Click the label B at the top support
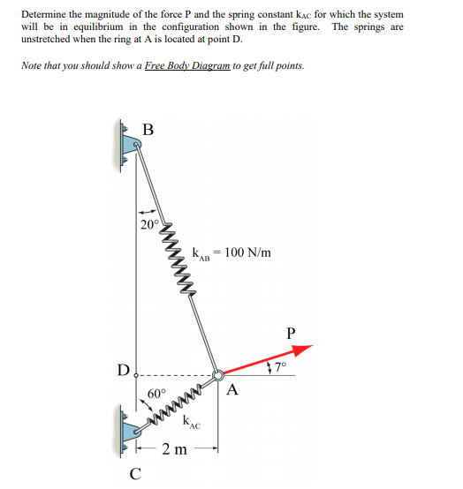click(x=148, y=129)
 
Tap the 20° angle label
click(x=149, y=224)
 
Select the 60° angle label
click(x=157, y=393)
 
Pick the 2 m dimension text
click(x=173, y=451)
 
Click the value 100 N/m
click(x=247, y=252)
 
